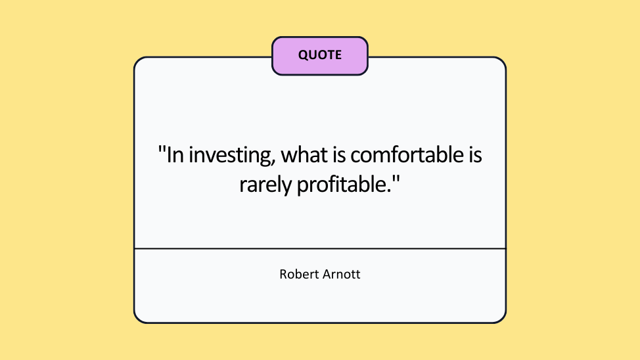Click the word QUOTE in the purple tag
pyautogui.click(x=319, y=55)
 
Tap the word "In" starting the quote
pyautogui.click(x=175, y=154)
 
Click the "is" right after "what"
pyautogui.click(x=339, y=154)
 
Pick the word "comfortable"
pyautogui.click(x=407, y=154)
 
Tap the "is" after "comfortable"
pyautogui.click(x=475, y=154)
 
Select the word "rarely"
pyautogui.click(x=265, y=185)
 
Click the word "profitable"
pyautogui.click(x=341, y=185)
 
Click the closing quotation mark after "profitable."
pyautogui.click(x=396, y=179)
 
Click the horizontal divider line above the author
pyautogui.click(x=320, y=248)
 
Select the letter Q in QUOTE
pyautogui.click(x=304, y=55)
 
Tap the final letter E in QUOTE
pyautogui.click(x=338, y=55)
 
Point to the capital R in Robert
pyautogui.click(x=283, y=275)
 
